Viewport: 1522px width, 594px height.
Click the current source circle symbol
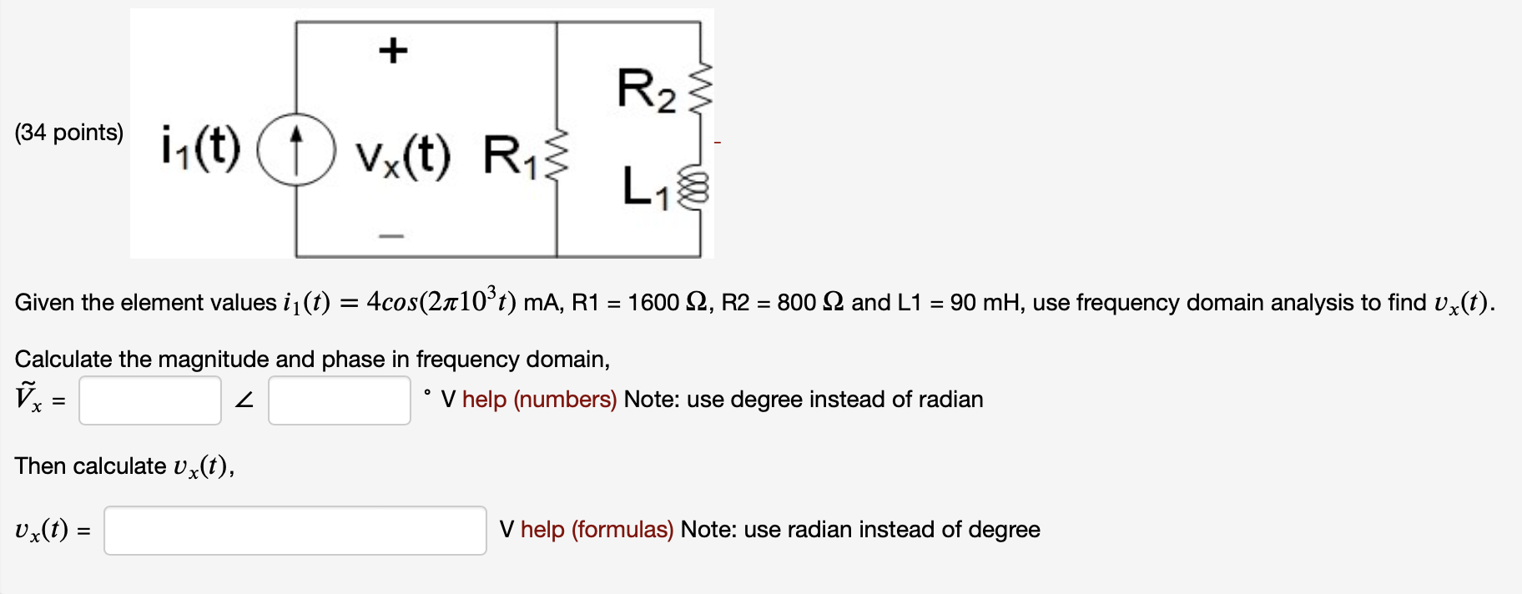click(296, 149)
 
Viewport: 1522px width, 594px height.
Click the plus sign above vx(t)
click(393, 51)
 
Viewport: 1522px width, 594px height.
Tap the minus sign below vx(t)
click(391, 236)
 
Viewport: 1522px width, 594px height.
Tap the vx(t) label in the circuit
click(402, 155)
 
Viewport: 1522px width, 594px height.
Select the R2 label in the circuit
click(646, 89)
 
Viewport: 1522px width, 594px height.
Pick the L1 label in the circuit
click(646, 187)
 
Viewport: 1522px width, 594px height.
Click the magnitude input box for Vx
click(150, 400)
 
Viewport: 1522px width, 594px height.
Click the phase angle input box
click(340, 400)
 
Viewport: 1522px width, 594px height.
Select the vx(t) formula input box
click(295, 531)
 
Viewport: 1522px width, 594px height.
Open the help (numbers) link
click(539, 400)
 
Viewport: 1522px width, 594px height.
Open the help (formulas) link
click(597, 530)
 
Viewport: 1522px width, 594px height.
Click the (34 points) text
click(69, 133)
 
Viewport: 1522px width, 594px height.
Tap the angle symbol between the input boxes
click(244, 400)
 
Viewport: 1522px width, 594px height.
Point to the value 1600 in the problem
click(653, 303)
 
